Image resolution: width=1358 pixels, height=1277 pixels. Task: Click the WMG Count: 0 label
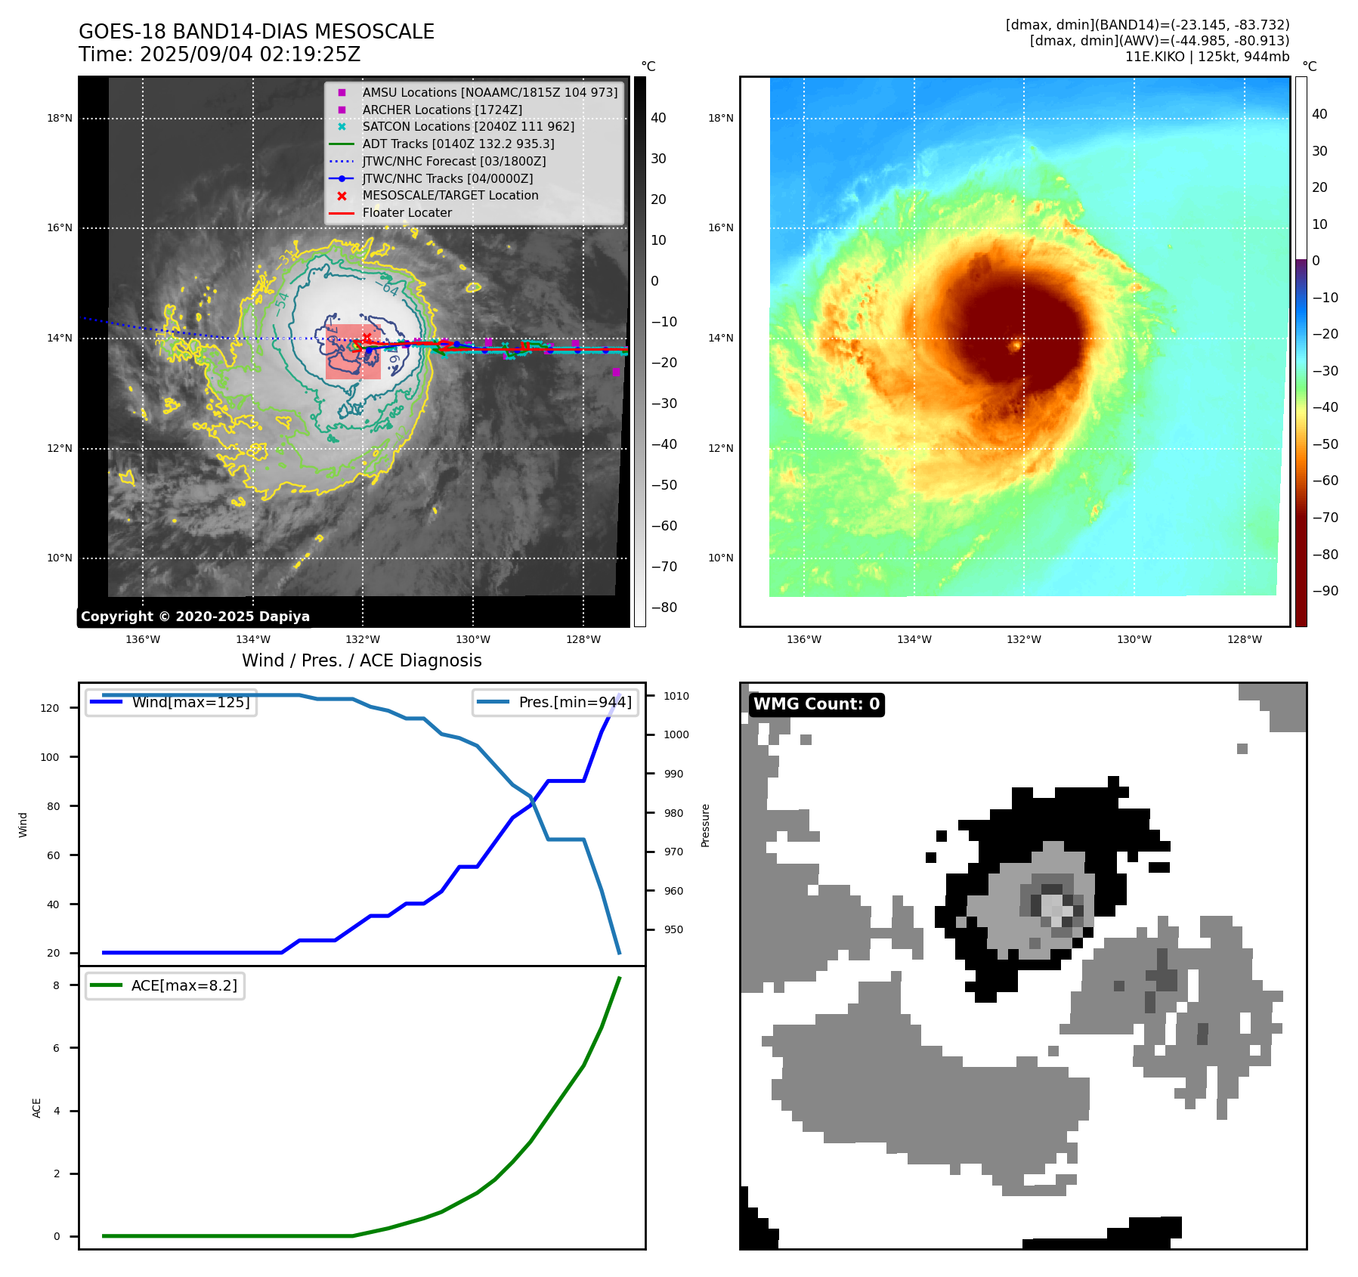pos(816,704)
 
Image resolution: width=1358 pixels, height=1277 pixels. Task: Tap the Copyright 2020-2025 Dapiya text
pos(195,617)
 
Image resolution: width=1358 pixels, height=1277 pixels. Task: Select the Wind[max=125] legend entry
pos(190,702)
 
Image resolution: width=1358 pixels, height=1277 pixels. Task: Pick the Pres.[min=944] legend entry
pos(574,702)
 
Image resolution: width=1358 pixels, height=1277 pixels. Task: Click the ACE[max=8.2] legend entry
pos(184,985)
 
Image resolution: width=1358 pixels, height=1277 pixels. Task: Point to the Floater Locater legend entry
pos(407,213)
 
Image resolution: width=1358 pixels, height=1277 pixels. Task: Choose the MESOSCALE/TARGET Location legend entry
pos(450,196)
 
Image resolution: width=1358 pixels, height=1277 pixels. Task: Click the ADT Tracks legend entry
pos(458,144)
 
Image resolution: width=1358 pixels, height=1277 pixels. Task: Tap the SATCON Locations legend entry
pos(468,127)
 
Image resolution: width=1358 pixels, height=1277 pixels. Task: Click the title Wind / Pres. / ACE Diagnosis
pos(361,660)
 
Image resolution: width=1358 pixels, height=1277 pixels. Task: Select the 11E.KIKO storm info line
pos(1207,57)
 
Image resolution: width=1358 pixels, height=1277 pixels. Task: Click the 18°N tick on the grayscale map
pos(60,119)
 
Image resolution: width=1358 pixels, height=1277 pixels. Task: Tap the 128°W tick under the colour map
pos(1244,640)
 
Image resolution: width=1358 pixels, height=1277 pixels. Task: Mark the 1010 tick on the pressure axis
pos(676,696)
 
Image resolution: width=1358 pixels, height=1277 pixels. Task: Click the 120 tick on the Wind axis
pos(50,708)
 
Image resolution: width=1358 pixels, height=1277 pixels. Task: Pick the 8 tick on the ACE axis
pos(56,985)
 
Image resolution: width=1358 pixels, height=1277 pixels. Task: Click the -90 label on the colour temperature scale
pos(1325,591)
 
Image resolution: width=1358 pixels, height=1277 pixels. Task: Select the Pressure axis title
pos(706,825)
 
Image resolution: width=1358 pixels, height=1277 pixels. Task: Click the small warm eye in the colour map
pos(1016,346)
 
